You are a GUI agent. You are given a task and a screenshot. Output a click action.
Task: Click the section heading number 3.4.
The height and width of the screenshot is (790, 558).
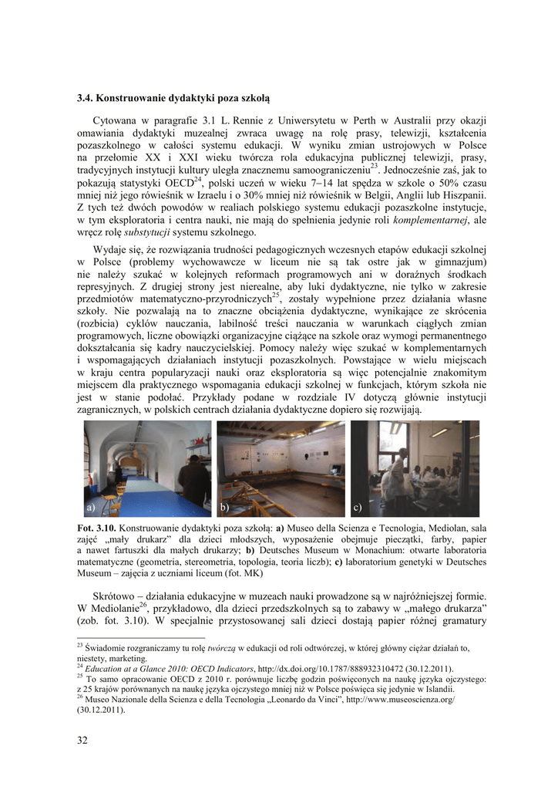click(x=85, y=98)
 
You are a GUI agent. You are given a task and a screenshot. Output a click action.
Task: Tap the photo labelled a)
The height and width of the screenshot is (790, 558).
click(x=147, y=468)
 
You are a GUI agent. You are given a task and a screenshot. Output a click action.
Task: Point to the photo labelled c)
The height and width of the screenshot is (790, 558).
click(x=415, y=468)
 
